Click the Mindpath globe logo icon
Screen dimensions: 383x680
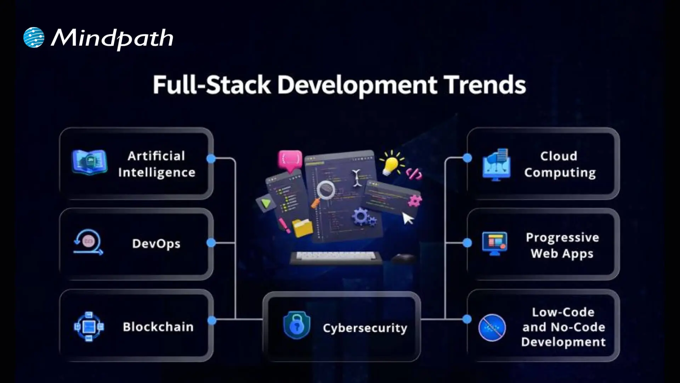pyautogui.click(x=34, y=37)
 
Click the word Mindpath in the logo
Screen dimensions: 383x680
pyautogui.click(x=112, y=38)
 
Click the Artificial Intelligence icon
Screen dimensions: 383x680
pyautogui.click(x=89, y=162)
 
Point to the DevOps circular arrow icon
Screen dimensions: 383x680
pyautogui.click(x=88, y=242)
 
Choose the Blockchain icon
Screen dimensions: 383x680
pyautogui.click(x=89, y=327)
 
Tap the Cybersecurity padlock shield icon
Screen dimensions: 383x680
pyautogui.click(x=297, y=325)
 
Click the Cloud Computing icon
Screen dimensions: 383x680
pyautogui.click(x=497, y=165)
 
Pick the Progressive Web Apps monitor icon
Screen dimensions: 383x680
pyautogui.click(x=495, y=243)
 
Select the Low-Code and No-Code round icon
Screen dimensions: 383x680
pyautogui.click(x=492, y=328)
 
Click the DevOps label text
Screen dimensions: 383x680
pyautogui.click(x=156, y=244)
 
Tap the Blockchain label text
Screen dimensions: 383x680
pyautogui.click(x=158, y=327)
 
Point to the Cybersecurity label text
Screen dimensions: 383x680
pyautogui.click(x=365, y=328)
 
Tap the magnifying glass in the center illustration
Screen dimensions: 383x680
pyautogui.click(x=325, y=190)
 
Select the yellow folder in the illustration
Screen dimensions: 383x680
pyautogui.click(x=302, y=227)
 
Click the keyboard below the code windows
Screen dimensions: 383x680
pyautogui.click(x=335, y=257)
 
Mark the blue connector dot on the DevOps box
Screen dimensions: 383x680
pyautogui.click(x=211, y=243)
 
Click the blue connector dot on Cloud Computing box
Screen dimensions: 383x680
pyautogui.click(x=467, y=158)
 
